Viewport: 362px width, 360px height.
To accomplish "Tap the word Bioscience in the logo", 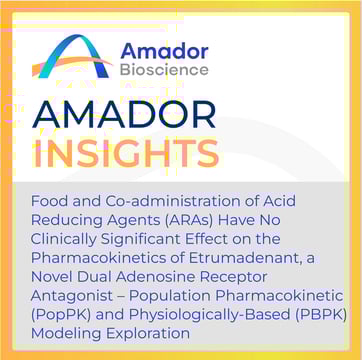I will coord(165,70).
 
